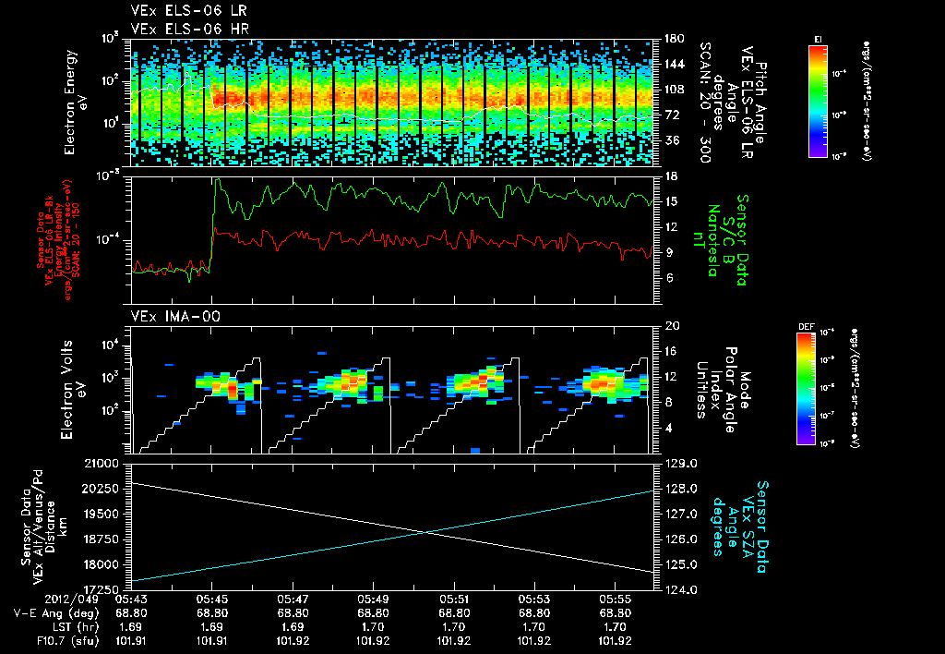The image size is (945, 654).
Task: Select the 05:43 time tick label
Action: coord(131,599)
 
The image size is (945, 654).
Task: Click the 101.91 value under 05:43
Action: coord(131,640)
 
